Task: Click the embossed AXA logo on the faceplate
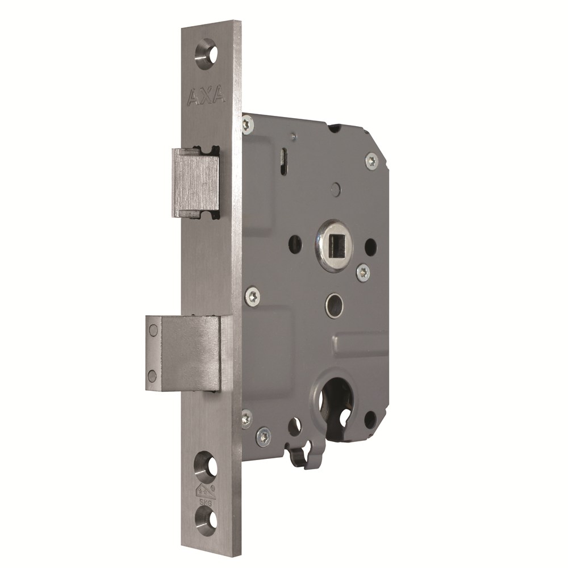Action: click(x=206, y=97)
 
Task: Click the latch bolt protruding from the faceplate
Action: click(x=195, y=182)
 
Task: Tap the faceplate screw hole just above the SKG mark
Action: click(x=206, y=465)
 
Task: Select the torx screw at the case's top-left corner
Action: click(x=248, y=124)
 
